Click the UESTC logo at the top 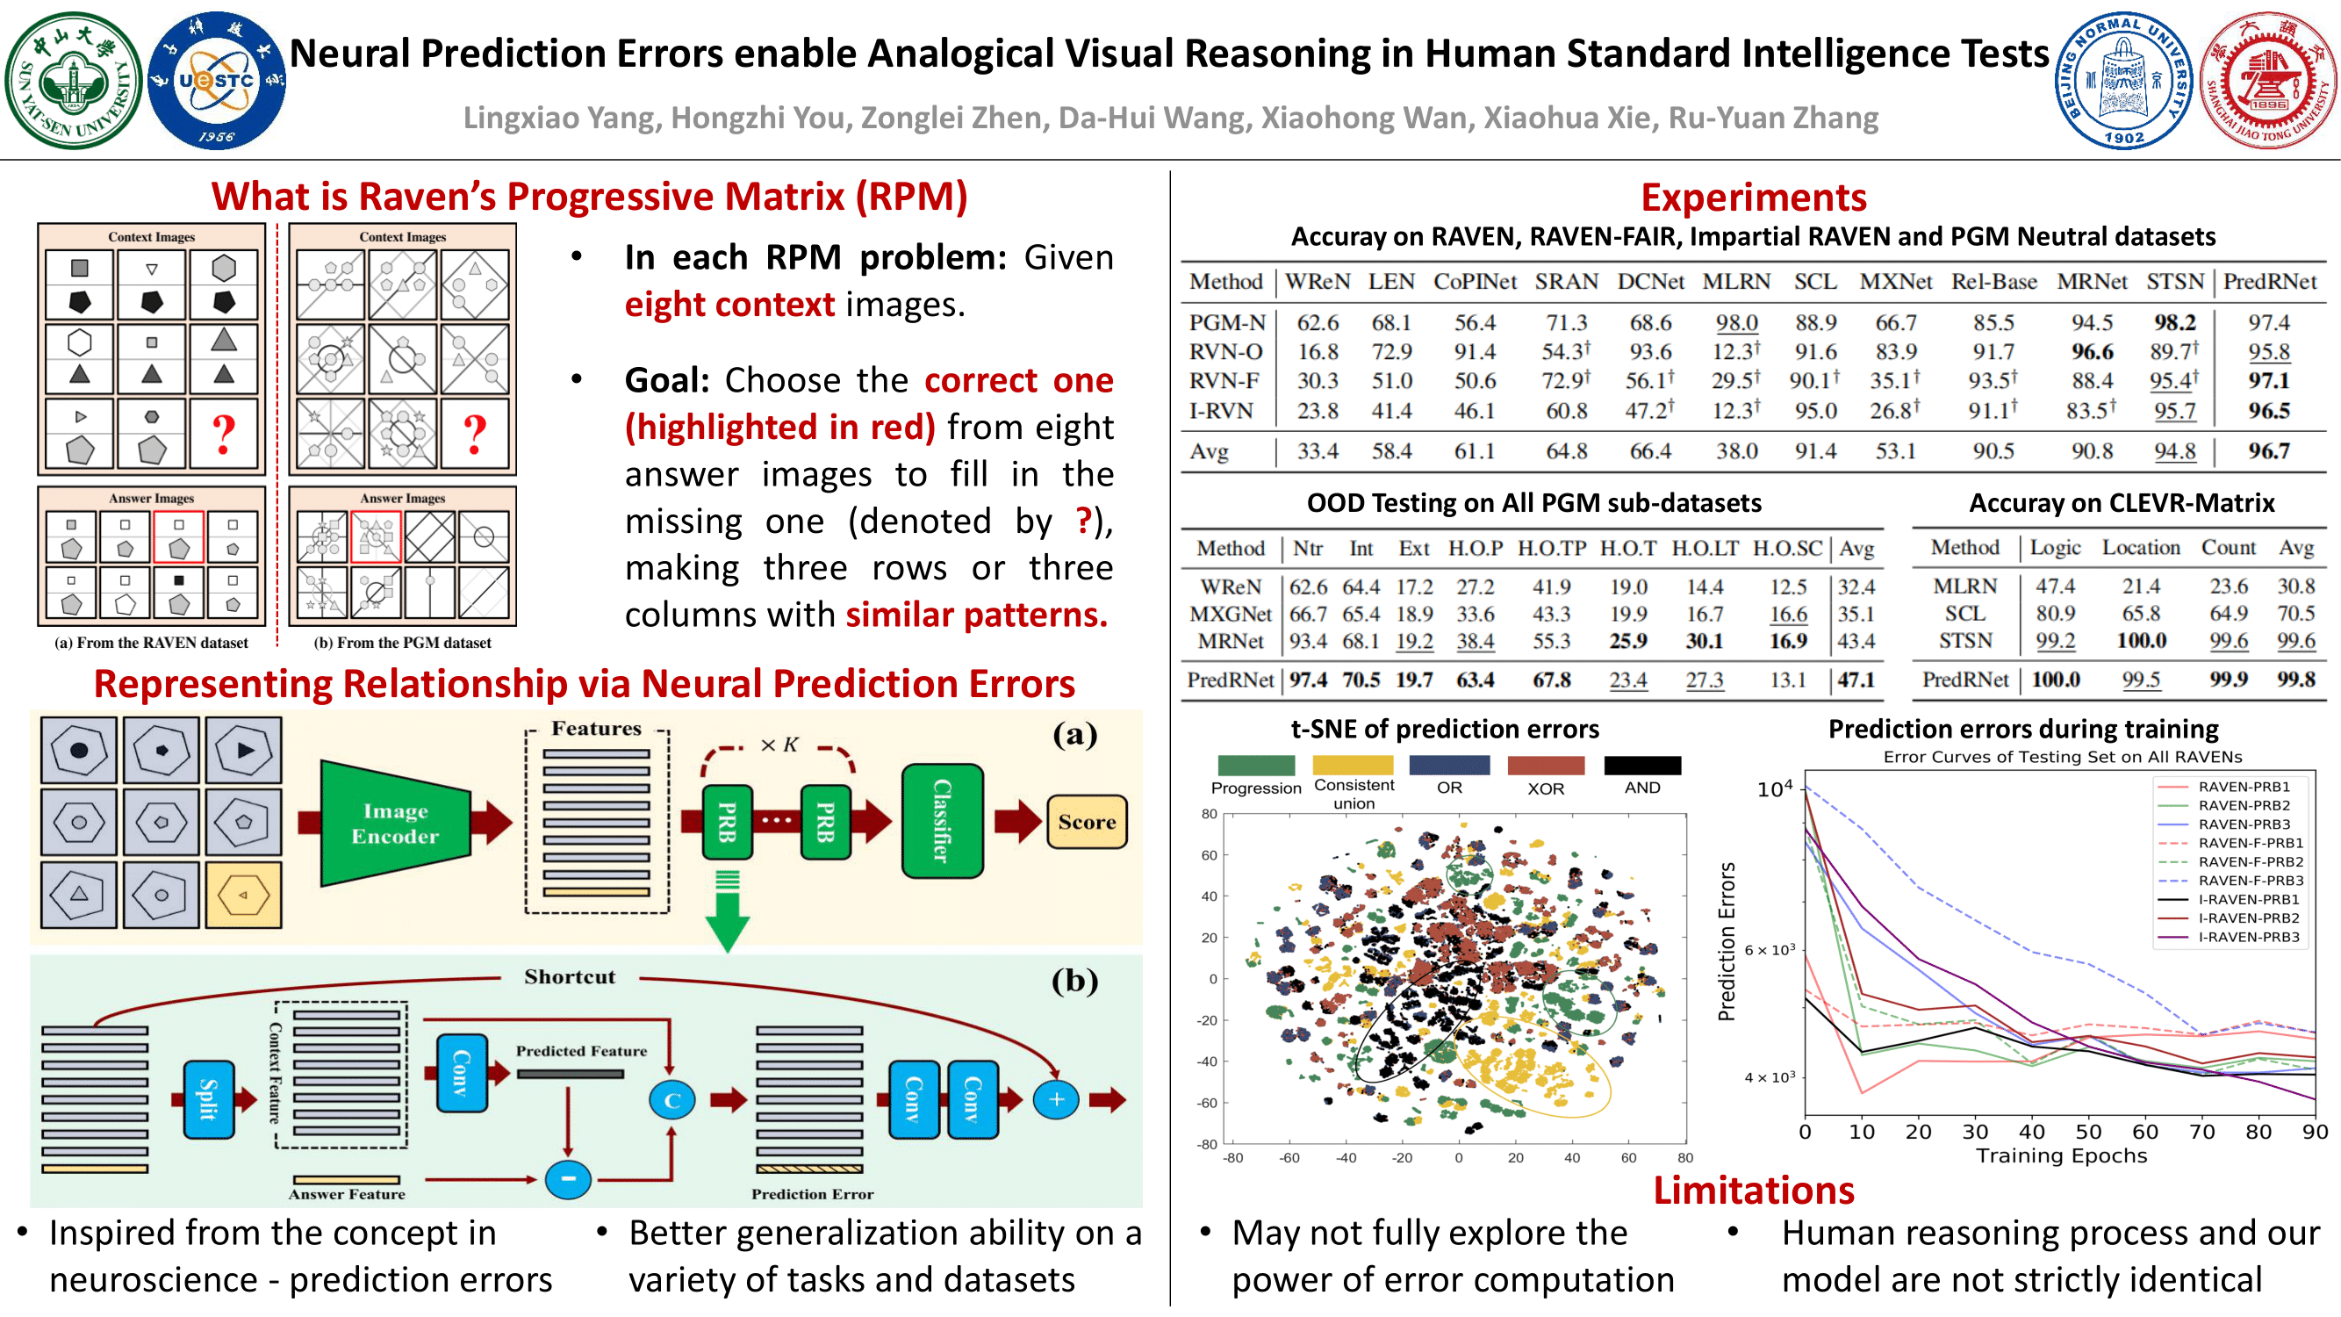216,81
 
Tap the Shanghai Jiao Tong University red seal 2268,81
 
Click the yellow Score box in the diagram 1087,822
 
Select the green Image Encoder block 395,823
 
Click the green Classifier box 943,821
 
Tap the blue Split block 208,1099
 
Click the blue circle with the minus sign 568,1179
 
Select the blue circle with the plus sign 1056,1100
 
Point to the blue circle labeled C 671,1101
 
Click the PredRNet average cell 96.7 2268,450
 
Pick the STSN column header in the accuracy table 2175,282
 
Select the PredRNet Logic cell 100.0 2056,679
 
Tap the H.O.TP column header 1551,548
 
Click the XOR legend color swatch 1546,766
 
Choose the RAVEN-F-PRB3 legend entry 2250,880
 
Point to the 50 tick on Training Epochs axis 2088,1132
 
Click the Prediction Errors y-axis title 1727,940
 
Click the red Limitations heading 1753,1191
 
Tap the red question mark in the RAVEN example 224,434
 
